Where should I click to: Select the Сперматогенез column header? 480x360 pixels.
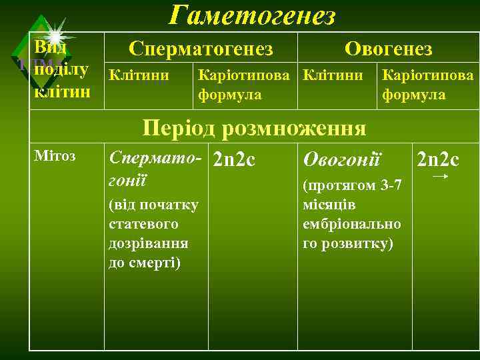(201, 49)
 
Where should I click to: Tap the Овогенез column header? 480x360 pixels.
(388, 49)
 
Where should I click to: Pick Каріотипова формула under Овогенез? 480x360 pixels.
(427, 85)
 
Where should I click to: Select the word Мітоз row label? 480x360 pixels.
(55, 156)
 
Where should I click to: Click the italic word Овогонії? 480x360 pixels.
(341, 159)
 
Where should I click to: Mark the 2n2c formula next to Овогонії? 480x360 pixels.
(437, 159)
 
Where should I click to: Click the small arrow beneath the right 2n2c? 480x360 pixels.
(439, 177)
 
